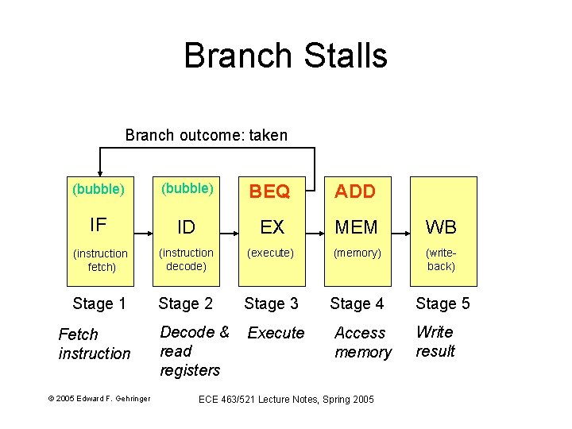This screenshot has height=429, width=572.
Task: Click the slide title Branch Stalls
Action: pyautogui.click(x=285, y=56)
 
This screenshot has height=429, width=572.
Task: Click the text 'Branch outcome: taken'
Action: pyautogui.click(x=207, y=135)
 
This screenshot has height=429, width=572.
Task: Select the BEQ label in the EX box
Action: pyautogui.click(x=271, y=191)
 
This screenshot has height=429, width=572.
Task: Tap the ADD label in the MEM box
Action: pyautogui.click(x=355, y=191)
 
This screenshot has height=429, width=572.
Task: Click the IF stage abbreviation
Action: pyautogui.click(x=99, y=225)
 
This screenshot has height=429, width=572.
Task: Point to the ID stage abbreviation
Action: pyautogui.click(x=185, y=227)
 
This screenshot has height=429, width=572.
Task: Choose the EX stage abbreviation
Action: pyautogui.click(x=272, y=227)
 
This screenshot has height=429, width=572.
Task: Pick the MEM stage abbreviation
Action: pyautogui.click(x=357, y=227)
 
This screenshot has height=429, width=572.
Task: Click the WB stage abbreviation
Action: pyautogui.click(x=441, y=227)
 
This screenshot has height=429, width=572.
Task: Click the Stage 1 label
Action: pyautogui.click(x=99, y=303)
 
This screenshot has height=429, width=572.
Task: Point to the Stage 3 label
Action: pyautogui.click(x=271, y=303)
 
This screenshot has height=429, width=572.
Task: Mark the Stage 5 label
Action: pyautogui.click(x=443, y=303)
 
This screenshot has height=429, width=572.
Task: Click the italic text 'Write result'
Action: pyautogui.click(x=435, y=342)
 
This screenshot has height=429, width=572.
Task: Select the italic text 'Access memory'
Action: pyautogui.click(x=362, y=342)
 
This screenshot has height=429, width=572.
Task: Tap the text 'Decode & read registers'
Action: pyautogui.click(x=193, y=351)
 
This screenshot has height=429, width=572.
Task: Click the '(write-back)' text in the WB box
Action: pyautogui.click(x=441, y=260)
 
